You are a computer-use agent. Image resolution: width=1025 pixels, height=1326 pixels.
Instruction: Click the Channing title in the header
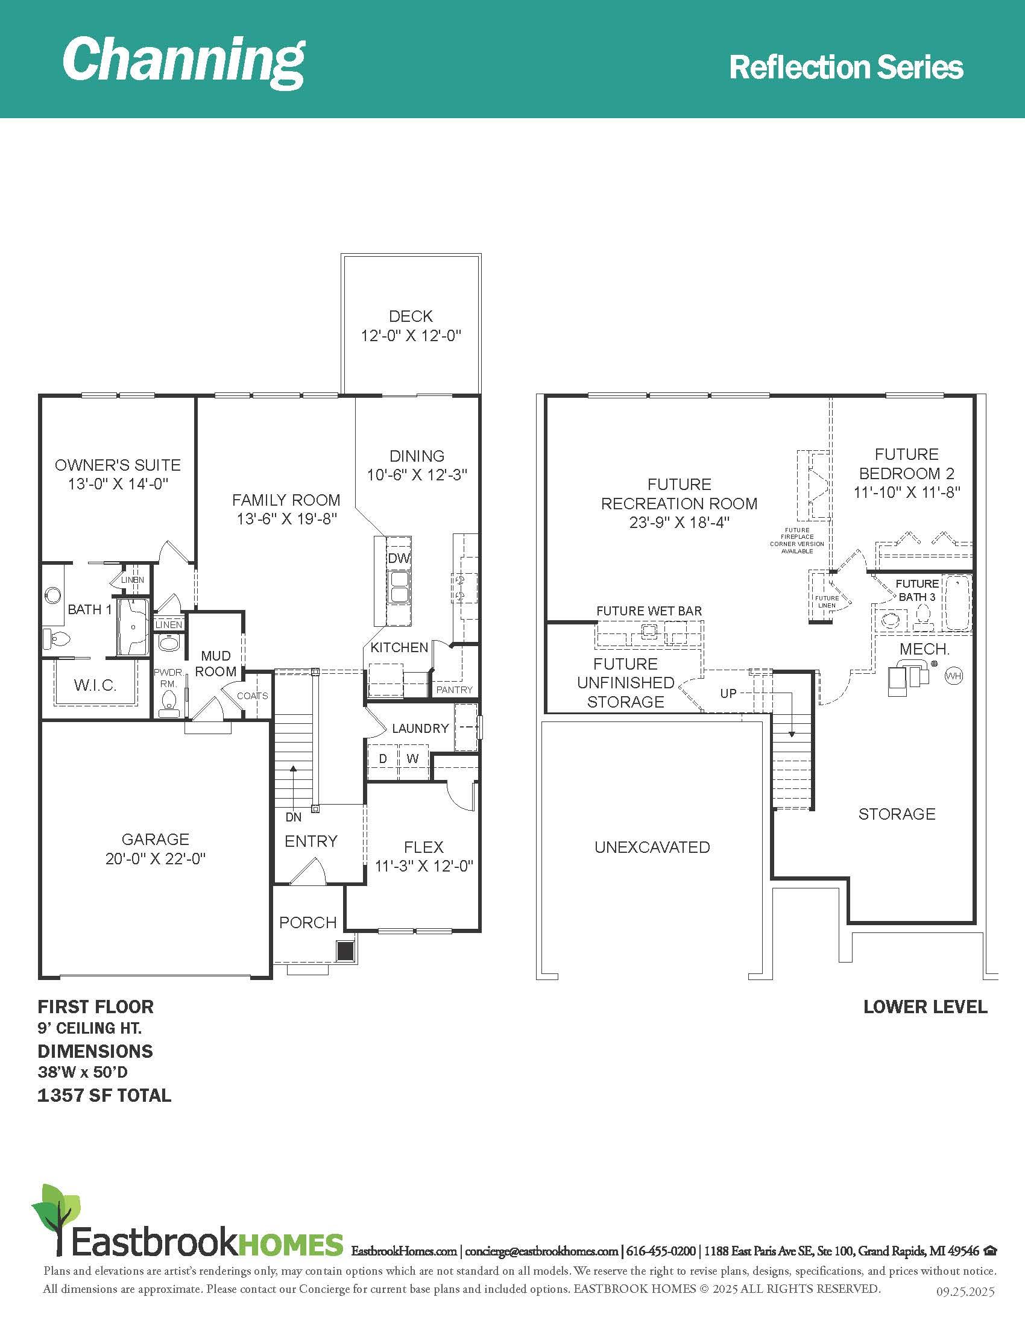[183, 61]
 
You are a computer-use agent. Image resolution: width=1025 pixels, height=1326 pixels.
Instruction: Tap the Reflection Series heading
[846, 67]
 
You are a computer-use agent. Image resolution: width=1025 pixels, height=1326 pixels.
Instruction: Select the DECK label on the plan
[411, 316]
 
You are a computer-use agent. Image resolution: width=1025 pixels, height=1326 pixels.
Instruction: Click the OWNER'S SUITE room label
[118, 465]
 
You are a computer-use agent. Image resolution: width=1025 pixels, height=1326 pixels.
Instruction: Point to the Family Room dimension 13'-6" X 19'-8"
[286, 519]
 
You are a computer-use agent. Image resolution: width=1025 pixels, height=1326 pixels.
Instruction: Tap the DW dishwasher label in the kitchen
[399, 558]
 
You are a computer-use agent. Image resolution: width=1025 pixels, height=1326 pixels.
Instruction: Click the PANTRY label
[454, 690]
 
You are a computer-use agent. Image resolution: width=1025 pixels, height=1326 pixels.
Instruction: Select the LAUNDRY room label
[420, 728]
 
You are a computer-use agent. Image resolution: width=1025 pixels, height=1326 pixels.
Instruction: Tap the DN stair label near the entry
[293, 817]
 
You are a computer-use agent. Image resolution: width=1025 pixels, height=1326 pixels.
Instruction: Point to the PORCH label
[308, 922]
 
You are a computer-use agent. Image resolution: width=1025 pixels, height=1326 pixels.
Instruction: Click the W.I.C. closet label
[95, 685]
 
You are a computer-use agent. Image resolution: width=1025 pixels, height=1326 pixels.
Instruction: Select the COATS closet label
[252, 696]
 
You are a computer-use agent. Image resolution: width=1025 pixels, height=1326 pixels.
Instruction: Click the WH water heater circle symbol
[954, 676]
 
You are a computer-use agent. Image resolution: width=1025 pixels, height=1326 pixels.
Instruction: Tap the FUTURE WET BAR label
[649, 611]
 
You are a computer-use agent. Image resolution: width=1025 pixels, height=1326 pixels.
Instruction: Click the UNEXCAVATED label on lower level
[652, 847]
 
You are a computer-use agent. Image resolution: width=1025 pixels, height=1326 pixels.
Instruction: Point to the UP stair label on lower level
[728, 693]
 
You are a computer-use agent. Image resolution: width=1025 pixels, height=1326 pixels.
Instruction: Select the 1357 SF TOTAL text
[104, 1095]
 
